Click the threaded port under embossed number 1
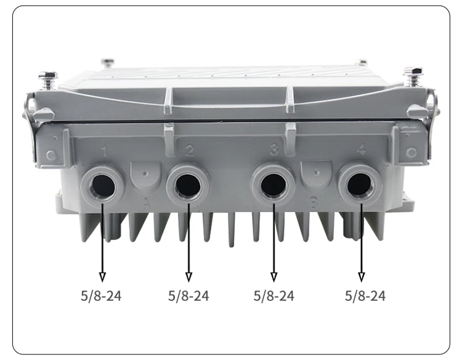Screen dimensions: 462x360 pos(102,186)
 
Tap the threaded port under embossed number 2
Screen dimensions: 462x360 pos(188,185)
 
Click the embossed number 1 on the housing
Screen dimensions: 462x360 pos(104,152)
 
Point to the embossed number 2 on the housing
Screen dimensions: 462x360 pos(190,150)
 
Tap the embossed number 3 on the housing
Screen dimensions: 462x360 pos(274,149)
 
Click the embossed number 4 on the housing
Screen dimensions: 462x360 pos(361,150)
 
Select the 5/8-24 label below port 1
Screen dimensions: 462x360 pos(101,296)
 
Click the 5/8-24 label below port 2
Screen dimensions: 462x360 pos(188,296)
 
